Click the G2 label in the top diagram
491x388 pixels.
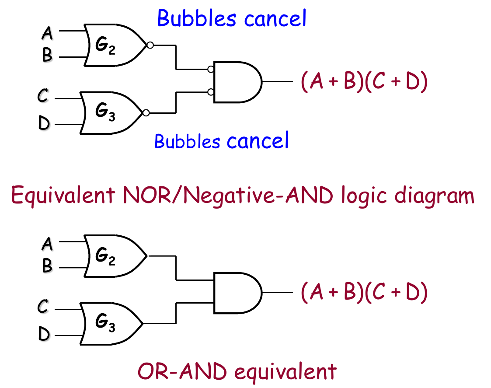coord(105,46)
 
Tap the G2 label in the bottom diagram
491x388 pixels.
coord(105,256)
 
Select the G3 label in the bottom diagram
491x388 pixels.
coord(105,323)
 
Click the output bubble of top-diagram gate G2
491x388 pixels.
coord(150,45)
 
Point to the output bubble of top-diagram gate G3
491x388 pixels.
coord(146,113)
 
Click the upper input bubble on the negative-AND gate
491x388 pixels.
coord(211,69)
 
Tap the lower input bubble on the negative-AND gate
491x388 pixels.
coord(211,92)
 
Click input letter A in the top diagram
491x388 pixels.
coord(47,32)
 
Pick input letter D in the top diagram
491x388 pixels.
coord(44,123)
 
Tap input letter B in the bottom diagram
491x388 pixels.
coord(47,266)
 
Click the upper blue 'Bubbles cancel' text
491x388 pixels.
coord(232,18)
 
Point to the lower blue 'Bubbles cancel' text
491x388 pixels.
coord(222,141)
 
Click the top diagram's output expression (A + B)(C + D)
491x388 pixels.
coord(364,82)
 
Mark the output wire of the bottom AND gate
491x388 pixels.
coord(278,292)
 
